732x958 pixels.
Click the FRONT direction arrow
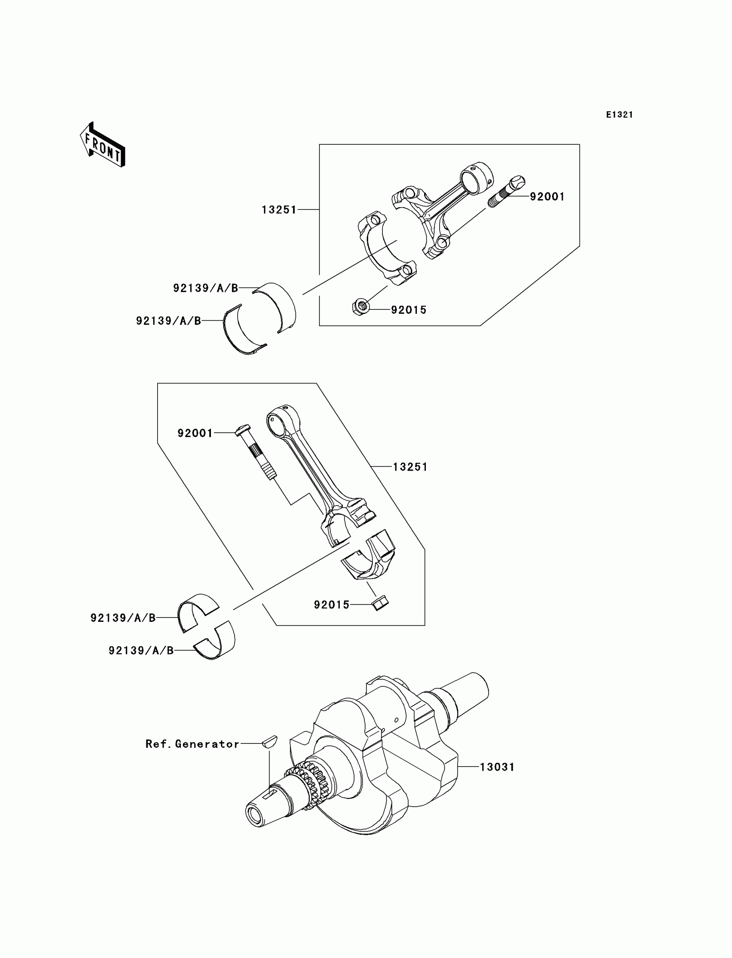point(103,145)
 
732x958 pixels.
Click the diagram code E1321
point(619,115)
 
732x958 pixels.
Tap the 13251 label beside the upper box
point(279,210)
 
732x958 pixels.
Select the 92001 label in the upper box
point(547,197)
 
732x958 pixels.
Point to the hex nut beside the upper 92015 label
point(360,307)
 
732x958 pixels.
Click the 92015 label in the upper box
point(408,310)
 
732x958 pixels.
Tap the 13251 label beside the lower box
point(410,467)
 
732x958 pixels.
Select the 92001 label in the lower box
point(195,433)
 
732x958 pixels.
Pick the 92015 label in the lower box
point(332,605)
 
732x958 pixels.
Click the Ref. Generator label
point(192,744)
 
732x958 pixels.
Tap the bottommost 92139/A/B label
point(141,651)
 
